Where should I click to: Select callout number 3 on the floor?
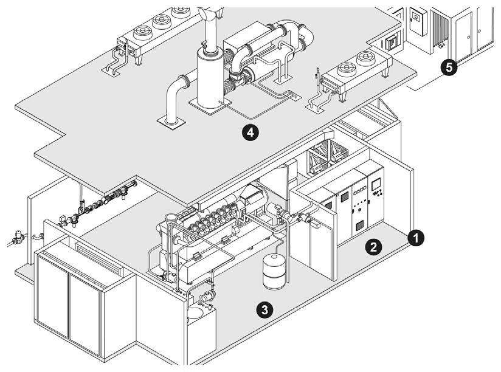(263, 309)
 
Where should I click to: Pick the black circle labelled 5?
(449, 67)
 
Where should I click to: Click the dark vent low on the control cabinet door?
(359, 225)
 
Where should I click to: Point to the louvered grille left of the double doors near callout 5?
(440, 27)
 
